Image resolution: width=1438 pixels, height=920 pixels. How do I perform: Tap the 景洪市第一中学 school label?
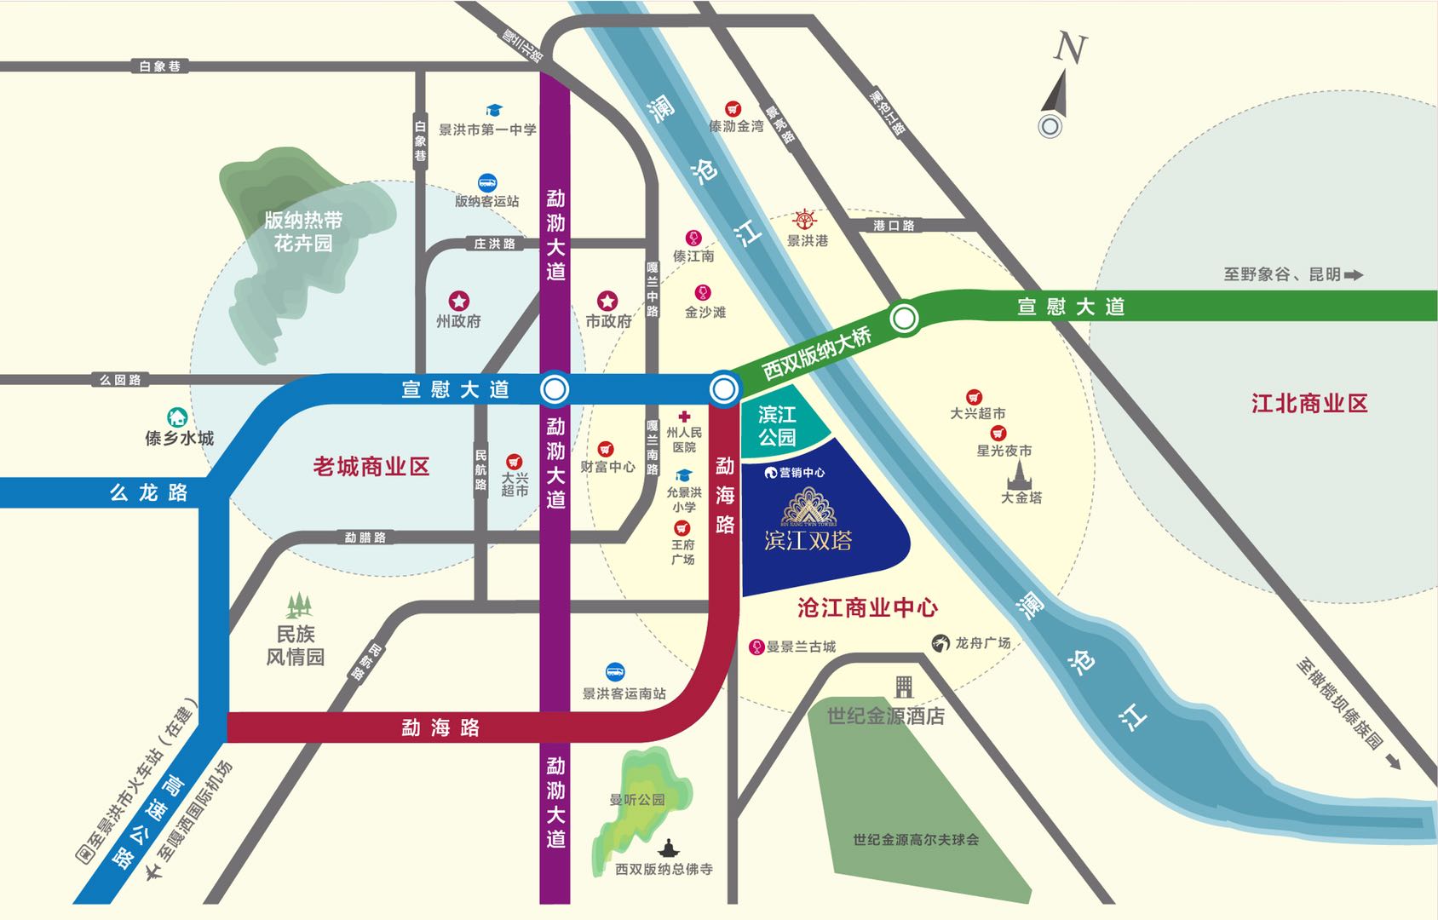(x=487, y=129)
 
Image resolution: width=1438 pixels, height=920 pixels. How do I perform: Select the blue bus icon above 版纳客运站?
(x=487, y=182)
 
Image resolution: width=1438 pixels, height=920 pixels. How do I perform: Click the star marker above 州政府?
(x=459, y=301)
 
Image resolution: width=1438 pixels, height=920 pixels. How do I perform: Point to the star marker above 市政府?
(x=607, y=301)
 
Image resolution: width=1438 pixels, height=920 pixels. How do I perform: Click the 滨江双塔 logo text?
(x=808, y=540)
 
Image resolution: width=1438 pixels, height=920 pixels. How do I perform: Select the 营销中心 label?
(x=801, y=473)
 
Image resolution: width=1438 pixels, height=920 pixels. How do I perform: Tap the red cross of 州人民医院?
(x=683, y=417)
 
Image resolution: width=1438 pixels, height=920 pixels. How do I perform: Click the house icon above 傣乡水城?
(x=177, y=417)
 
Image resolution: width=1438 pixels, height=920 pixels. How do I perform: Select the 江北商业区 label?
(x=1309, y=404)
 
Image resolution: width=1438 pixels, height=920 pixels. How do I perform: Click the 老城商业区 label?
(x=371, y=467)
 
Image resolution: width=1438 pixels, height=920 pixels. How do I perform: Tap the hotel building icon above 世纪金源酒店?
(x=903, y=687)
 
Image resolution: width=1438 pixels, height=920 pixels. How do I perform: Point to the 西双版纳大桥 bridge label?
(x=816, y=353)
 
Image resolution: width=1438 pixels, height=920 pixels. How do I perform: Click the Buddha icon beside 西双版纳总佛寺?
(x=669, y=848)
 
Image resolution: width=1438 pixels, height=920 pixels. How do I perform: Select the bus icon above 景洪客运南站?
(x=615, y=672)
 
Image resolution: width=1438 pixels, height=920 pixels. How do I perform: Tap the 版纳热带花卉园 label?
(x=303, y=232)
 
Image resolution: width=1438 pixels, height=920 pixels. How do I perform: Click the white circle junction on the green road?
(x=904, y=319)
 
